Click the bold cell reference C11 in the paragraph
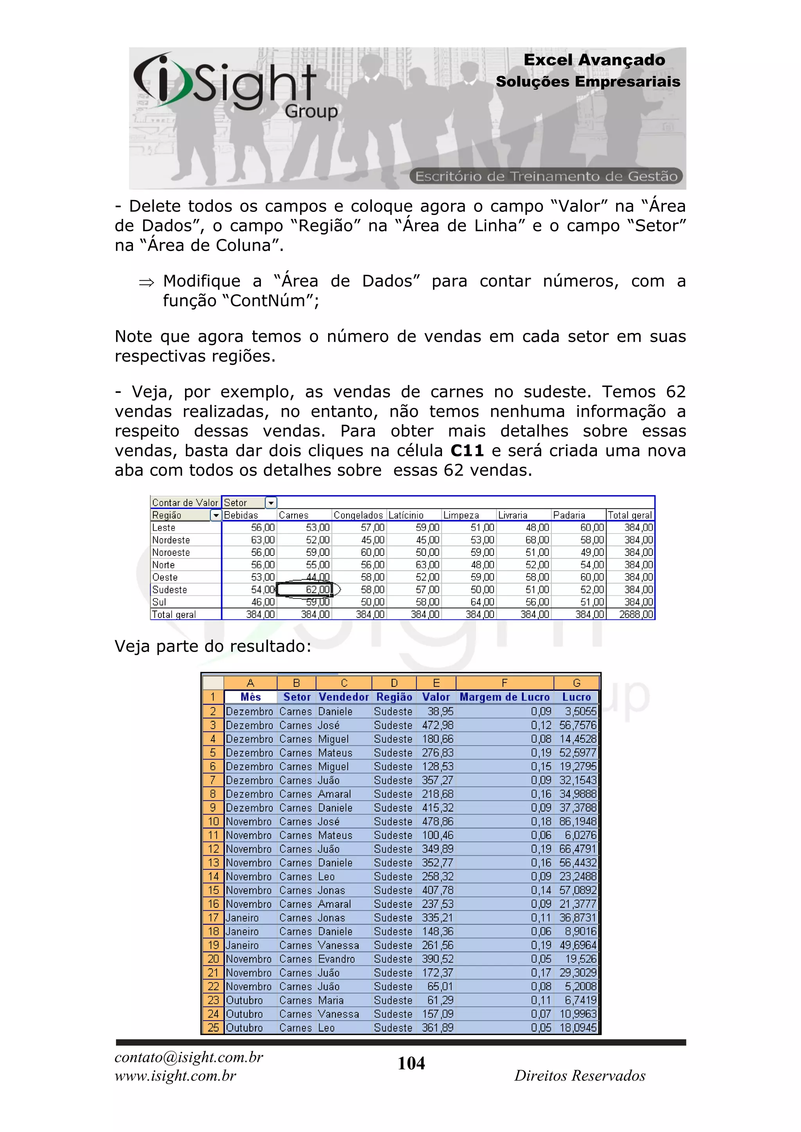click(467, 451)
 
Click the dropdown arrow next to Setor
click(271, 503)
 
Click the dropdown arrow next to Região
click(216, 515)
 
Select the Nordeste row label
click(171, 540)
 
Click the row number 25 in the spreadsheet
click(213, 1028)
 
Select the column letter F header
click(504, 683)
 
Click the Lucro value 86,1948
click(578, 821)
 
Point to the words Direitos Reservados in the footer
click(580, 1075)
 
